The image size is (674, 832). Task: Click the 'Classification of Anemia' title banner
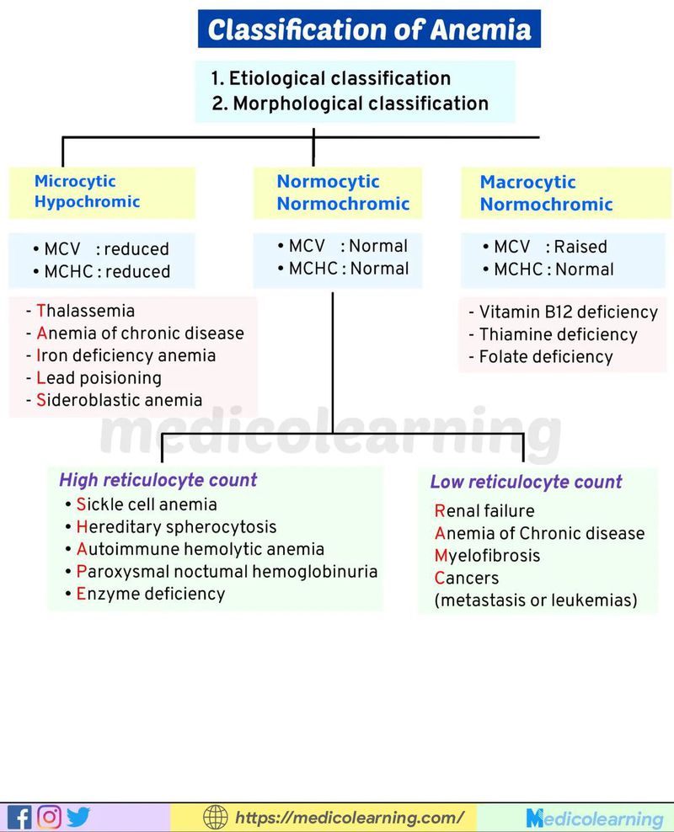click(x=369, y=29)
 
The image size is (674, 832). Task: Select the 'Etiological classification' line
click(x=330, y=78)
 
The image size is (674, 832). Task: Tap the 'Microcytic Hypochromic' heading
click(x=87, y=191)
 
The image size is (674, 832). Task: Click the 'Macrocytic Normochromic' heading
click(x=546, y=193)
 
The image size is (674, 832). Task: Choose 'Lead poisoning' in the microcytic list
click(x=99, y=378)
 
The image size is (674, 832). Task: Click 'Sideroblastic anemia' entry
click(x=119, y=400)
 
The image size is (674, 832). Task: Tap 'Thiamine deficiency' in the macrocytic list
click(x=558, y=334)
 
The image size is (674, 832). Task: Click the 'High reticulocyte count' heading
click(x=158, y=480)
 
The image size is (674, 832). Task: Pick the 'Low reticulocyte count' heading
click(x=526, y=483)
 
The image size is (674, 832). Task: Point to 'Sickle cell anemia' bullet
click(x=147, y=504)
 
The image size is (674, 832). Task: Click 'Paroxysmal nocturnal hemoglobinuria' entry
click(x=227, y=571)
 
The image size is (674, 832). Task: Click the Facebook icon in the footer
click(x=19, y=817)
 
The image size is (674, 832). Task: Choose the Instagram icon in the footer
click(x=49, y=817)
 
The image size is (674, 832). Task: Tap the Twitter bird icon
click(x=78, y=817)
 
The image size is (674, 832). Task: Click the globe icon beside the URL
click(x=216, y=817)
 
